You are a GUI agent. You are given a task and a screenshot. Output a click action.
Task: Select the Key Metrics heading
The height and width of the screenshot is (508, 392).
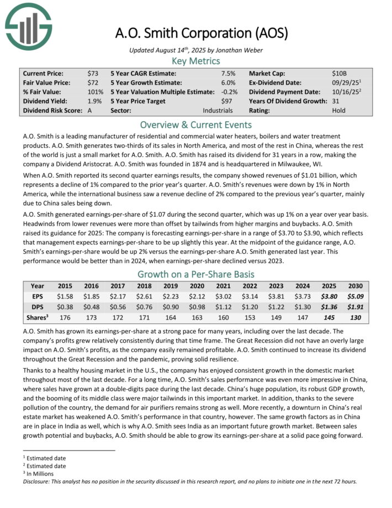[196, 61]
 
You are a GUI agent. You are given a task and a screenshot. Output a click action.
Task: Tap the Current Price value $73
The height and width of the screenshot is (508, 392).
[93, 73]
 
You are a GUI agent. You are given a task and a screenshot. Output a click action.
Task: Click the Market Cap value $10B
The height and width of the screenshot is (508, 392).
[338, 73]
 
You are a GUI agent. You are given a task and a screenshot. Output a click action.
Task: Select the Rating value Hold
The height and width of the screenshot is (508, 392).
[339, 111]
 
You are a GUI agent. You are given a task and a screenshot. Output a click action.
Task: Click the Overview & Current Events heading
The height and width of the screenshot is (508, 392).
[196, 124]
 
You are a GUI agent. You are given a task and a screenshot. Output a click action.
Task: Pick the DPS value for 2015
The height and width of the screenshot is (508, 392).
[66, 306]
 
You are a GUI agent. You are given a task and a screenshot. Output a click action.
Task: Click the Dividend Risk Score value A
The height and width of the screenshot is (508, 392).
[89, 111]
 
